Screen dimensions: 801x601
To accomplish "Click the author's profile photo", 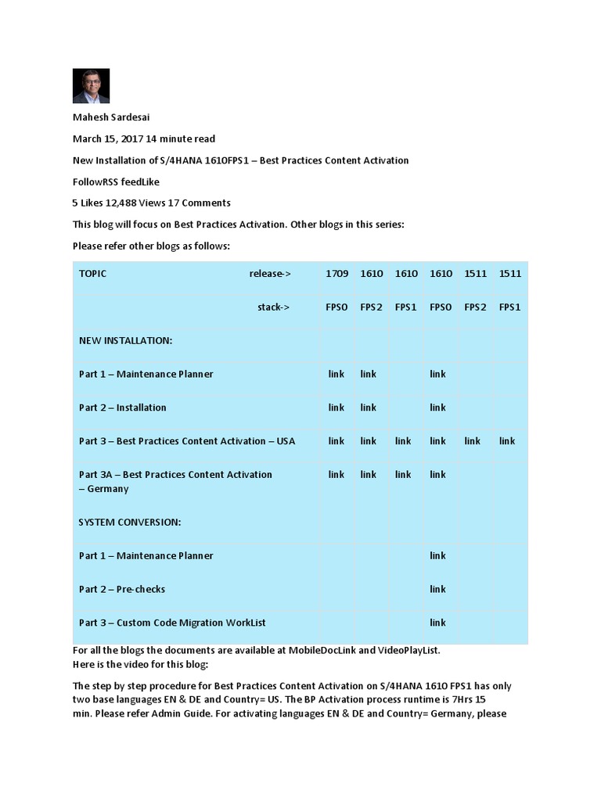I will click(x=91, y=86).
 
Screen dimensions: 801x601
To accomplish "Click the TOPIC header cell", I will click(x=92, y=274).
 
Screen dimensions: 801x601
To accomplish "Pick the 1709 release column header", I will click(x=336, y=274).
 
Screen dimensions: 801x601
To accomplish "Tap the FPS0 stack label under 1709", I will click(x=336, y=307).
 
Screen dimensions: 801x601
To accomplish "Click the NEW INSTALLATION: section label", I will click(x=125, y=341).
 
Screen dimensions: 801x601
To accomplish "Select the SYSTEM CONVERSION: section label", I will click(x=129, y=523).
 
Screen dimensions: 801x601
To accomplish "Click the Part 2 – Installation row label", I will click(x=122, y=408).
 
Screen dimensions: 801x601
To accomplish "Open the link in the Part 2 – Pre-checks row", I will click(x=437, y=589).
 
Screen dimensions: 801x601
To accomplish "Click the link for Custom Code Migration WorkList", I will click(x=437, y=623).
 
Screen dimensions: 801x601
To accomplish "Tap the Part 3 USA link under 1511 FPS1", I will click(x=507, y=441).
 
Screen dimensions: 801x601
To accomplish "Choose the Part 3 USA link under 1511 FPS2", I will click(x=473, y=441).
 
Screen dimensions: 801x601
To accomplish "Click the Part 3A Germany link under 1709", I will click(x=336, y=475).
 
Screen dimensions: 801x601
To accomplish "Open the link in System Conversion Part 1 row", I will click(x=437, y=555).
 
